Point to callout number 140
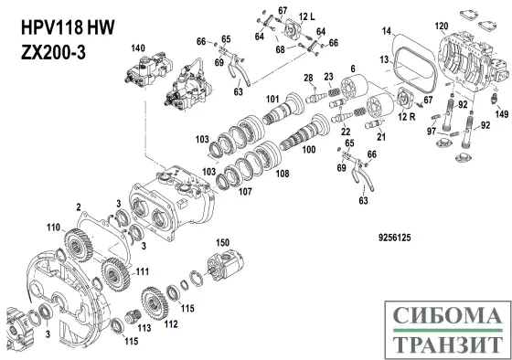click(138, 46)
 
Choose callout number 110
click(53, 225)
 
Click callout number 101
click(272, 98)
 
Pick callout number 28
click(308, 77)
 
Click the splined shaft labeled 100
click(297, 137)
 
